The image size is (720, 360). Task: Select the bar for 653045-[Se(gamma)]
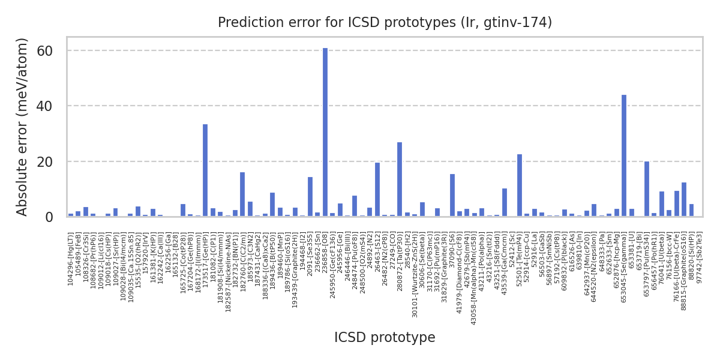click(x=624, y=156)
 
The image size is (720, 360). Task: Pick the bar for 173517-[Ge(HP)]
click(x=205, y=170)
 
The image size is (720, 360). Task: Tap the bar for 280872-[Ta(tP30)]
click(x=400, y=179)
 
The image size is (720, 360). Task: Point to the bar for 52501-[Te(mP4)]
click(x=520, y=185)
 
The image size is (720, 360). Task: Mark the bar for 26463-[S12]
click(x=377, y=190)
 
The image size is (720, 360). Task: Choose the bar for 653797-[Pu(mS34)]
click(x=647, y=189)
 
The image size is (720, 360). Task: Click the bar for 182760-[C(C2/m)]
click(x=242, y=194)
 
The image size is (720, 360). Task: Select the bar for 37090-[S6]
click(x=452, y=196)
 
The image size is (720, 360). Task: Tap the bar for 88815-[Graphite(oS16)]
click(x=684, y=200)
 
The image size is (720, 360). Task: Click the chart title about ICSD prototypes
click(x=385, y=22)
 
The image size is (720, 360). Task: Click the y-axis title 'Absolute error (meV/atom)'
click(x=23, y=126)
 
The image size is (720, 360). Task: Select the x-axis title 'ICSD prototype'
click(x=385, y=337)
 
